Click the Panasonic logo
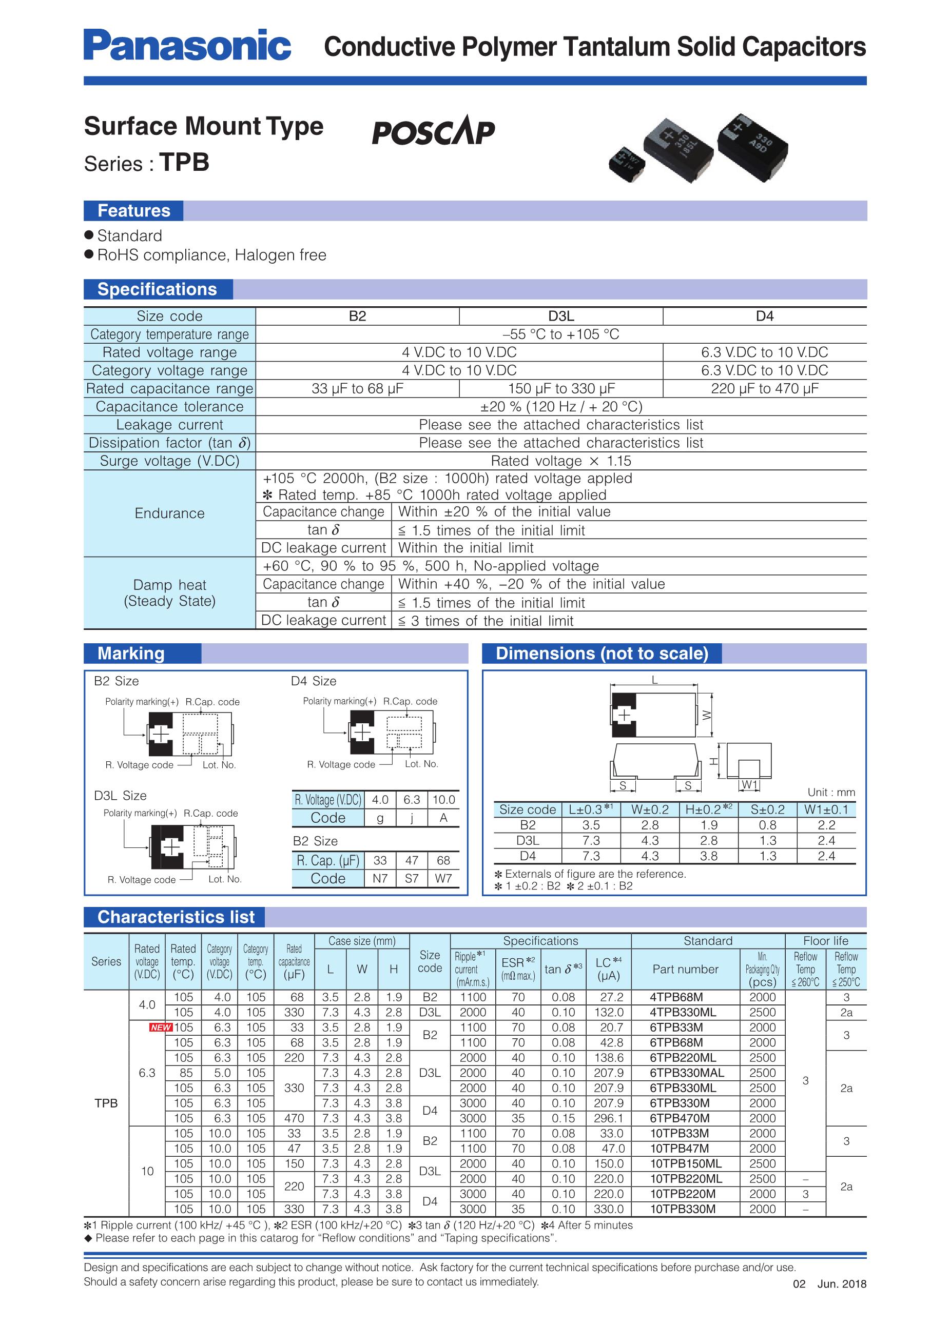187,45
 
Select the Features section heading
133,211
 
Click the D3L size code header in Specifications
560,316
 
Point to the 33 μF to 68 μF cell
357,389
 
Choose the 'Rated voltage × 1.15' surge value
560,461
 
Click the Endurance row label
169,513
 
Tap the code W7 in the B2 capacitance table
443,879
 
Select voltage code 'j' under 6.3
412,818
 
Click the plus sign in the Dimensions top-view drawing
625,715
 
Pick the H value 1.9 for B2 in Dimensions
709,825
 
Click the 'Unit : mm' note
831,793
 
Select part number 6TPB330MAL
686,1073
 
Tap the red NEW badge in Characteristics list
161,1027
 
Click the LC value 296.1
609,1118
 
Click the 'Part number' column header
685,970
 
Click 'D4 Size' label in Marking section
314,681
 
